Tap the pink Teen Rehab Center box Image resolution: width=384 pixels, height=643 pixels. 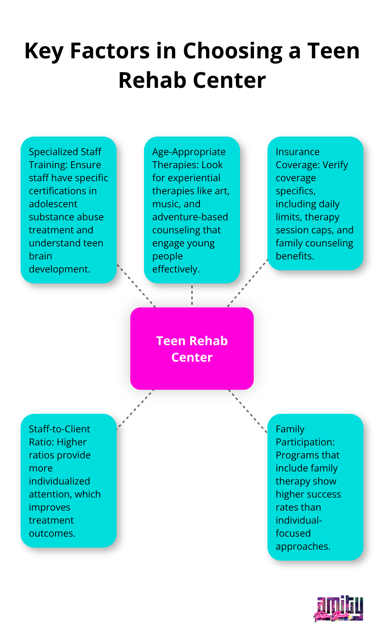[192, 349]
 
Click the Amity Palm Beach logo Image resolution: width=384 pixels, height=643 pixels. [339, 609]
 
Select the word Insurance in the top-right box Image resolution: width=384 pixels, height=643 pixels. [298, 152]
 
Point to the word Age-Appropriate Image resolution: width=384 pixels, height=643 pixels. [189, 152]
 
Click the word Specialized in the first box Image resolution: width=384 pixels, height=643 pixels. [53, 152]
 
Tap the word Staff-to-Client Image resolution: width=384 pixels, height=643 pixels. [59, 429]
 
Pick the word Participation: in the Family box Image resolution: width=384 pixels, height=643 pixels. [305, 442]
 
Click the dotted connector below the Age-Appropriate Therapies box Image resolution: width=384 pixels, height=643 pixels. [192, 295]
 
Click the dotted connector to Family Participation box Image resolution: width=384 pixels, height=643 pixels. [248, 410]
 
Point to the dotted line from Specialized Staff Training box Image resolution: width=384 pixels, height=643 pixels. [136, 285]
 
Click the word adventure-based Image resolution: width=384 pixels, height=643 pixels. [190, 217]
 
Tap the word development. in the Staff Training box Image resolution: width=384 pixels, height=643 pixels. [59, 269]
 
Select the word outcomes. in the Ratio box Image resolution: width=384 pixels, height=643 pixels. [52, 534]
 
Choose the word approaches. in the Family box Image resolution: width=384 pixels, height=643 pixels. [303, 547]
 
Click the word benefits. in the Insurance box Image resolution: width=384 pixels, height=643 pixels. [295, 256]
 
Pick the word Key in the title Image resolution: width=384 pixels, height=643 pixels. [44, 51]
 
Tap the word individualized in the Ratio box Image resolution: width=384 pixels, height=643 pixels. [59, 481]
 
